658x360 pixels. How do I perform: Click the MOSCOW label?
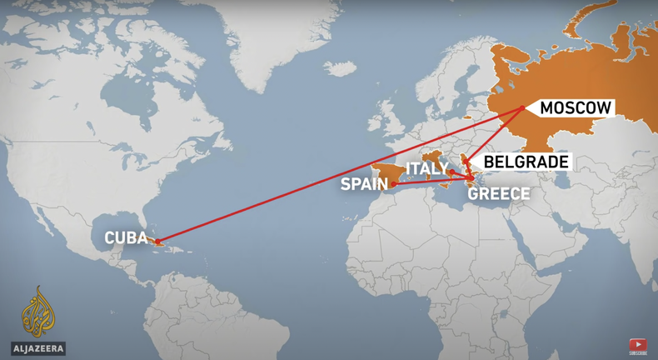[x=576, y=107]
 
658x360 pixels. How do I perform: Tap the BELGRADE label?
[x=526, y=162]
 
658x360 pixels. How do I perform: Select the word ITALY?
[x=426, y=169]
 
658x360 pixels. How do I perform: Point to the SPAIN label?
[x=364, y=184]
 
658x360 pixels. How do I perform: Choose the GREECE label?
[x=499, y=194]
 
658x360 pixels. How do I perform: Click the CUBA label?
[x=126, y=238]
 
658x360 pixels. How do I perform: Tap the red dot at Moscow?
[x=522, y=107]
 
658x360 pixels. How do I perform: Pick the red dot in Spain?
[x=394, y=183]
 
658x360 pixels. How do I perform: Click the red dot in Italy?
[x=452, y=172]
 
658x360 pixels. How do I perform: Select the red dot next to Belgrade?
[x=466, y=162]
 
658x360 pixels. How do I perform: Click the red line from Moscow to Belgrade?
[x=495, y=134]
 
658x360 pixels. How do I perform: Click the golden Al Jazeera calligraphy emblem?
[x=37, y=312]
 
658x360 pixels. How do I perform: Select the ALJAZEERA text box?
[x=38, y=348]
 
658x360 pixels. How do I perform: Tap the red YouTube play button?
[x=637, y=343]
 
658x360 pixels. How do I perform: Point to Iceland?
[x=339, y=68]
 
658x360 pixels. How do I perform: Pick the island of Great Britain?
[x=387, y=117]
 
